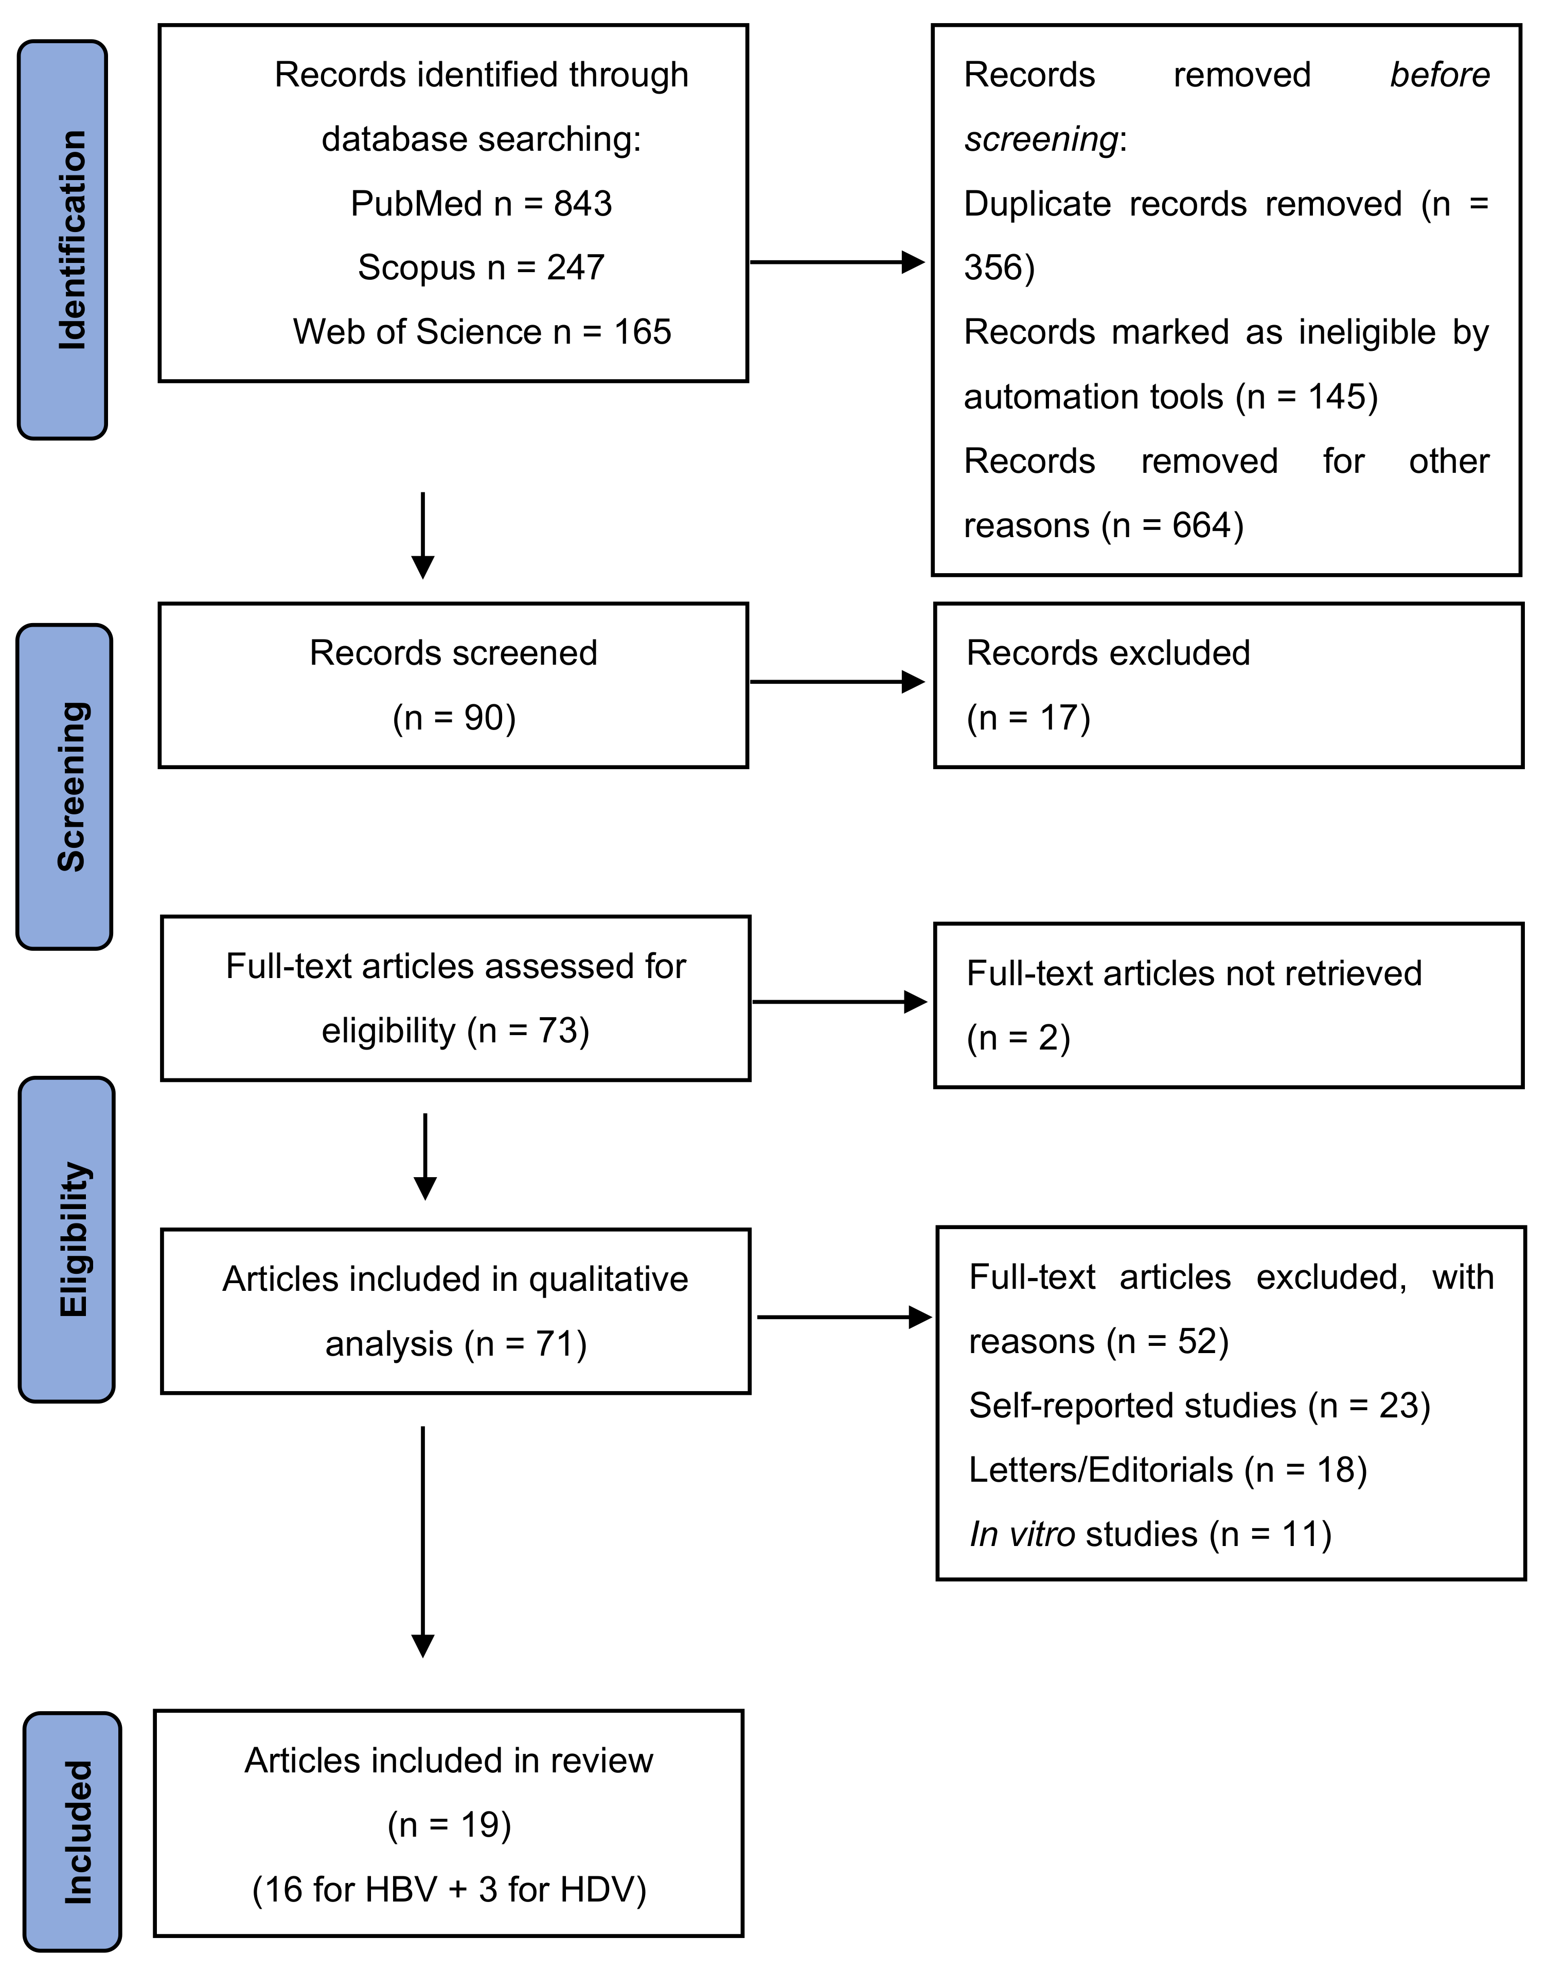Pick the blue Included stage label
73,1832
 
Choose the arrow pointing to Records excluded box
838,682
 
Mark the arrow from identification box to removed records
838,263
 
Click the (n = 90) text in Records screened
454,717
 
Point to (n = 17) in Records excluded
1028,717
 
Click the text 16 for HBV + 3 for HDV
449,1890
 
